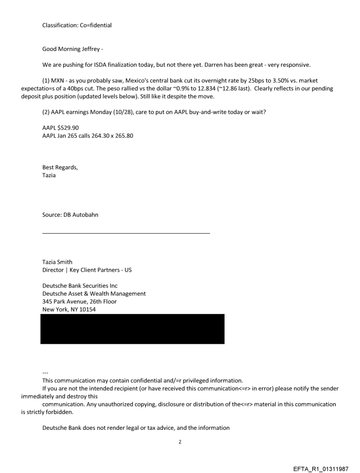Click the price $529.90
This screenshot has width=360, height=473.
click(x=67, y=128)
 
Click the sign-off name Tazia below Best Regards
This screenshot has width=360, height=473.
click(x=49, y=175)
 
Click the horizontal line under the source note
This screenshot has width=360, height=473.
click(x=126, y=233)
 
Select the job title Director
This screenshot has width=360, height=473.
click(x=53, y=270)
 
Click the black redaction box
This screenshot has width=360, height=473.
click(x=132, y=329)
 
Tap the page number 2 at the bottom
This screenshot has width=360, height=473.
click(x=180, y=441)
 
